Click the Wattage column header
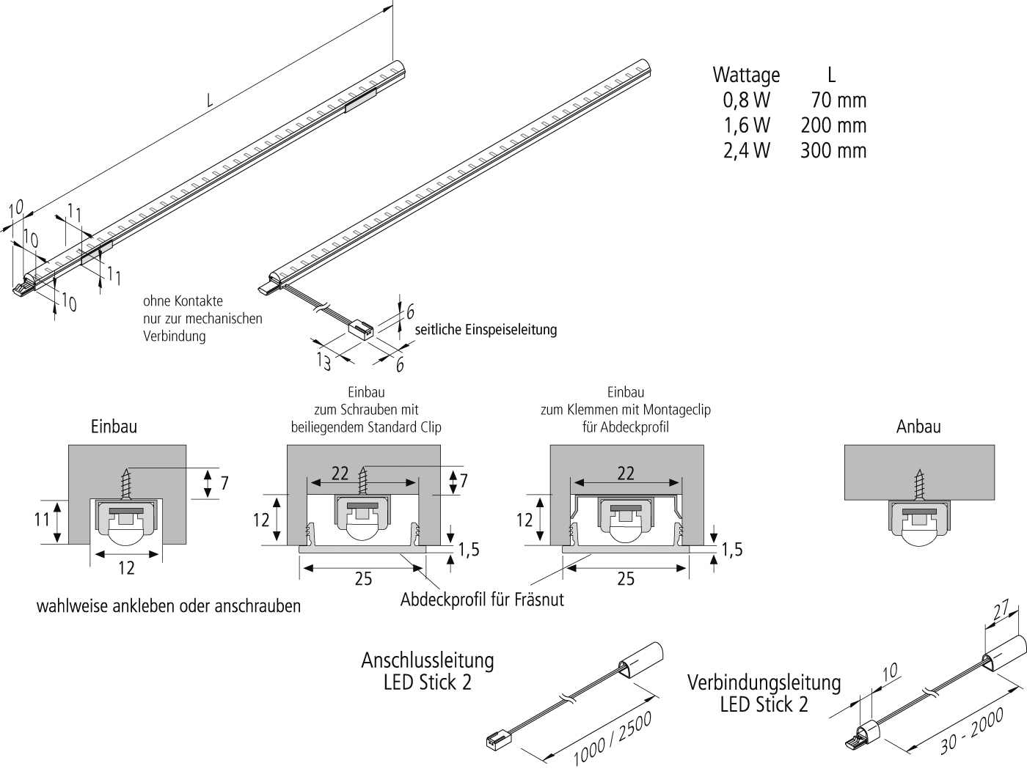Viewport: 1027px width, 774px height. (x=746, y=75)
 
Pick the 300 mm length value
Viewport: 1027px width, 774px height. (x=833, y=150)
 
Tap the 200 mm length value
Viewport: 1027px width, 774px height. (x=833, y=125)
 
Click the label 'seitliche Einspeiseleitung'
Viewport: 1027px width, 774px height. (x=486, y=330)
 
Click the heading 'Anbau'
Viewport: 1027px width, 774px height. (x=918, y=427)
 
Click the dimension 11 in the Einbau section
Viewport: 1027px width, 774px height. (x=42, y=519)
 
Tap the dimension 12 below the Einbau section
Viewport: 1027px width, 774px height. (x=126, y=568)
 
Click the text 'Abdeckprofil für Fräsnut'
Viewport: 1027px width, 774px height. (x=482, y=600)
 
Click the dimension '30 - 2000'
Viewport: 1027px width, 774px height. (x=970, y=729)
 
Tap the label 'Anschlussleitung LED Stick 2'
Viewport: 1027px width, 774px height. (x=427, y=671)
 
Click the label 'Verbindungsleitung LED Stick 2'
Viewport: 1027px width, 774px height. (x=764, y=693)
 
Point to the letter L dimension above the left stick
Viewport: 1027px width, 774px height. (x=210, y=101)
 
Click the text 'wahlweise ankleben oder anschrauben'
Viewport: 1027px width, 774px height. (x=169, y=606)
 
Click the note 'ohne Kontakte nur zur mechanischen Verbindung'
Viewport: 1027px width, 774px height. (x=202, y=319)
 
